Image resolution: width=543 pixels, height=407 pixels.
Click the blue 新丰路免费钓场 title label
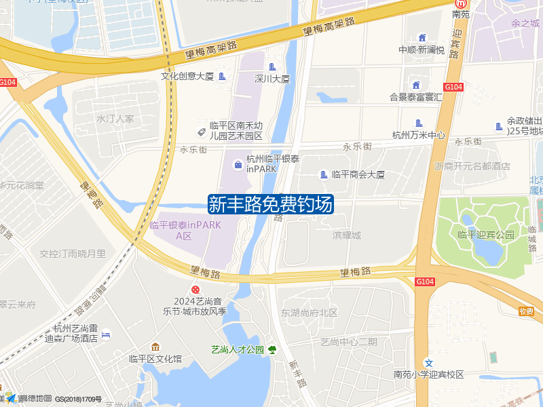pos(271,204)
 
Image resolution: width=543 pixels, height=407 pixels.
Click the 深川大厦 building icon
pos(273,66)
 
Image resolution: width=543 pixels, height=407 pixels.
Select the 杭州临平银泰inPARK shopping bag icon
pos(238,163)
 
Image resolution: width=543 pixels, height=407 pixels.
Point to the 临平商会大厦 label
pos(358,174)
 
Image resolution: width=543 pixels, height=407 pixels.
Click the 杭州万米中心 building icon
pos(419,123)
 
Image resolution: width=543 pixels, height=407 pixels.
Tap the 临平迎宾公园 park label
pos(486,235)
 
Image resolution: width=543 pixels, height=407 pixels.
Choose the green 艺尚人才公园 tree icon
pos(272,350)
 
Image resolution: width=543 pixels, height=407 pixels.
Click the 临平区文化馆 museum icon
pos(155,347)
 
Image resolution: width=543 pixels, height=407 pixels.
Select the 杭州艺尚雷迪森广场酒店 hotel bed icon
pos(106,334)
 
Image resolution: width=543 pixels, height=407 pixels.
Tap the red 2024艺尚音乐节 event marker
pos(195,290)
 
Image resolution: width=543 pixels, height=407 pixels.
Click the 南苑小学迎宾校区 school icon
pos(428,363)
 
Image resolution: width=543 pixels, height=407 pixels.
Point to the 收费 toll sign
pos(526,311)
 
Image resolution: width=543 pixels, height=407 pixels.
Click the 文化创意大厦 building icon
pos(222,76)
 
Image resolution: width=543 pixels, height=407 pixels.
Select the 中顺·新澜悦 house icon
pos(422,37)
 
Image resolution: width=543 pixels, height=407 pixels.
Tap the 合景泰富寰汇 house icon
pos(415,85)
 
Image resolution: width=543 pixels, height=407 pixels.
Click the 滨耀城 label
pos(347,235)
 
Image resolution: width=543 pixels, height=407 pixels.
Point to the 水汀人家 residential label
pos(115,119)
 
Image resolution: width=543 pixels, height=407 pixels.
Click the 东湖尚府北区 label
pos(310,313)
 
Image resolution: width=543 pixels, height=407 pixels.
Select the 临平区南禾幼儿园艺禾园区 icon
pos(202,131)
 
